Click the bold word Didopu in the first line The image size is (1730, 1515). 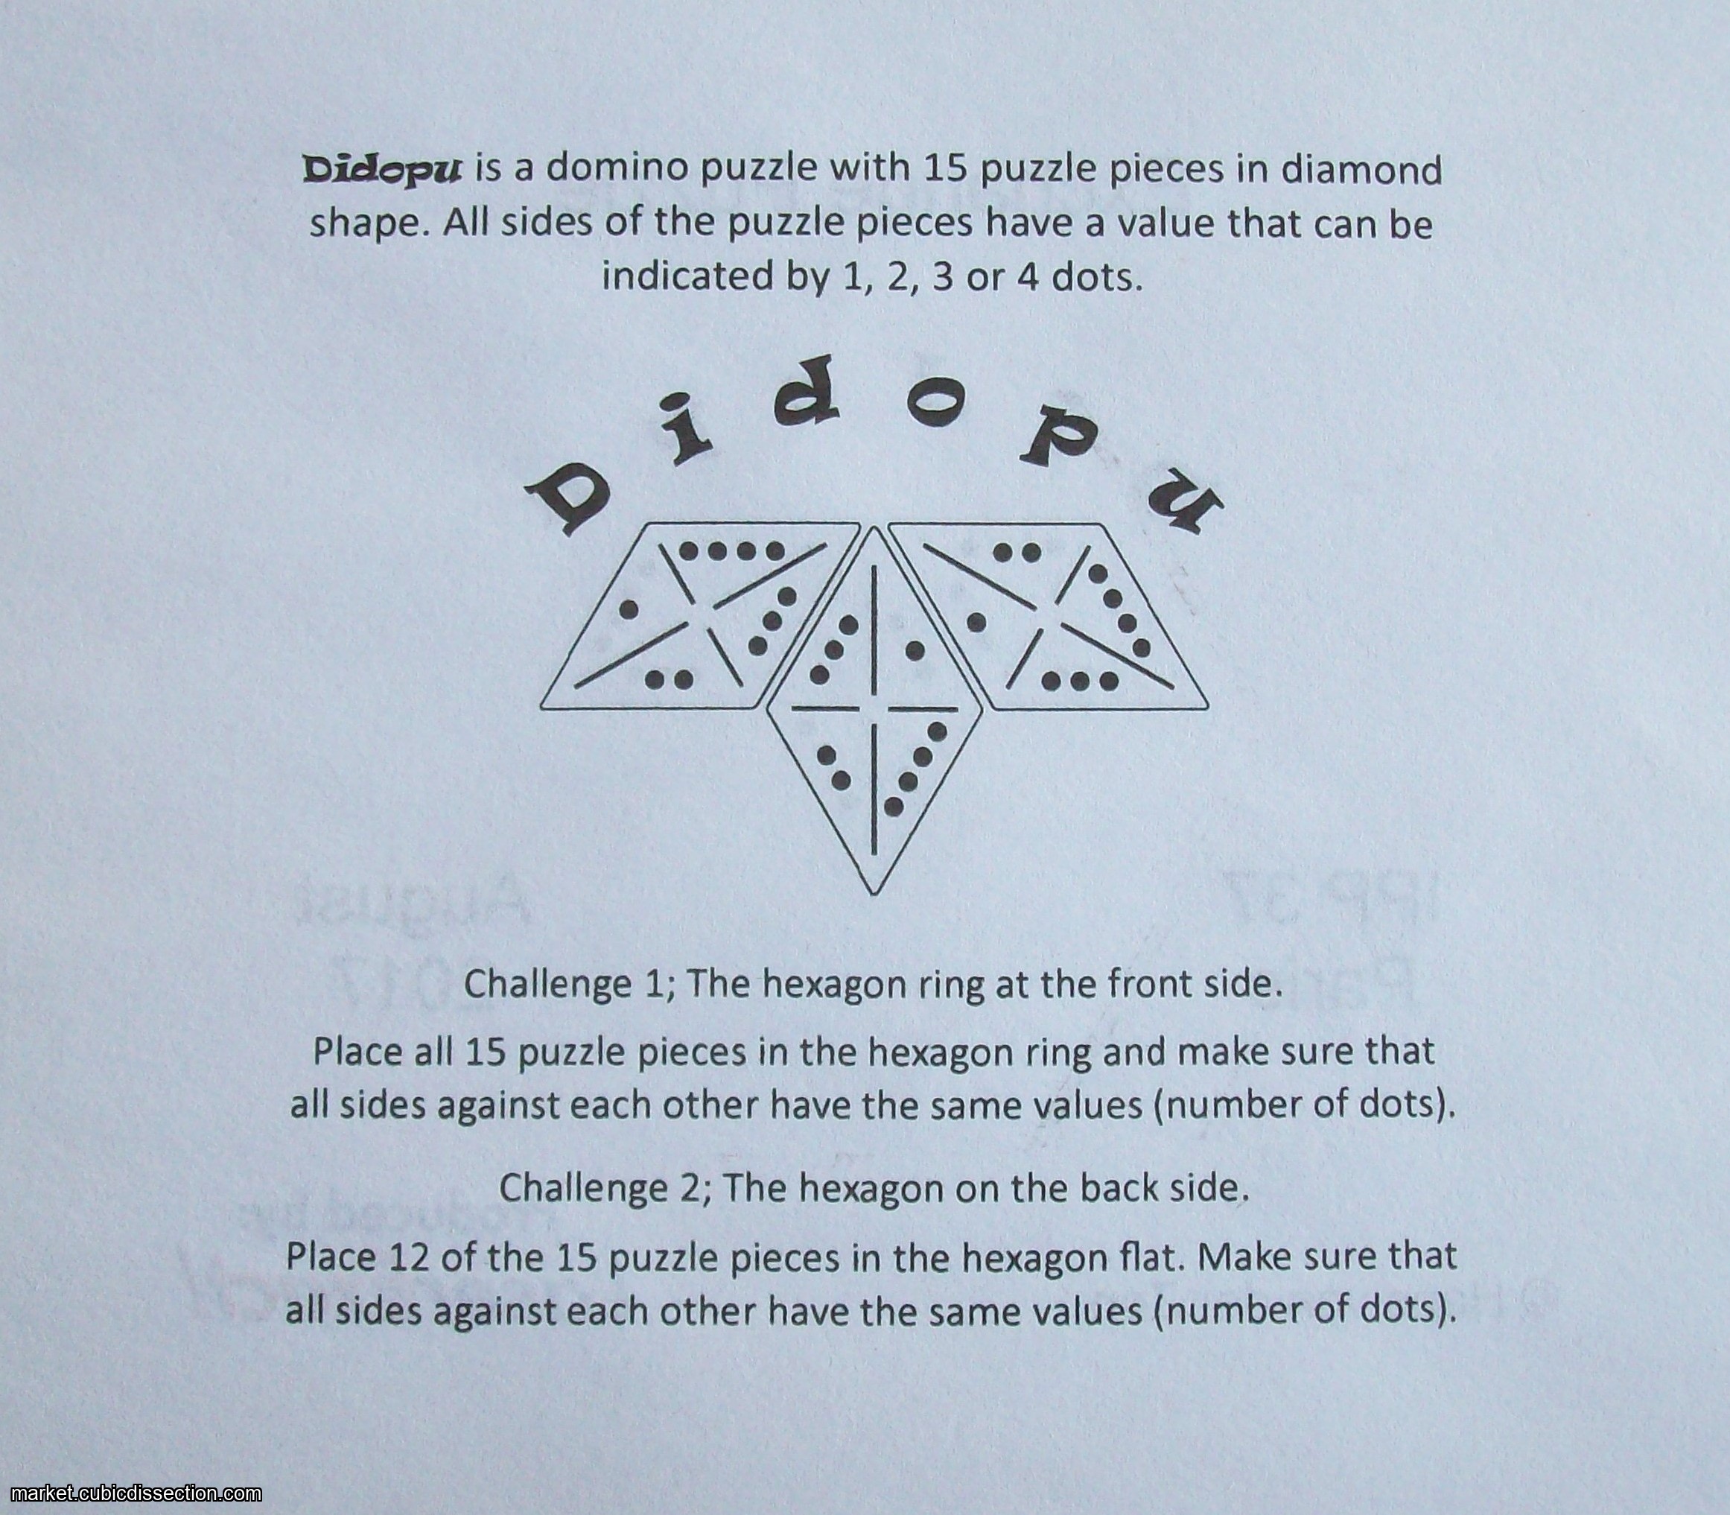[382, 170]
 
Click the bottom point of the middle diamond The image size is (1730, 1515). [873, 895]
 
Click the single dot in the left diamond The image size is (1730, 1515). [629, 609]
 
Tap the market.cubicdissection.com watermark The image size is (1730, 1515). [131, 1495]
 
